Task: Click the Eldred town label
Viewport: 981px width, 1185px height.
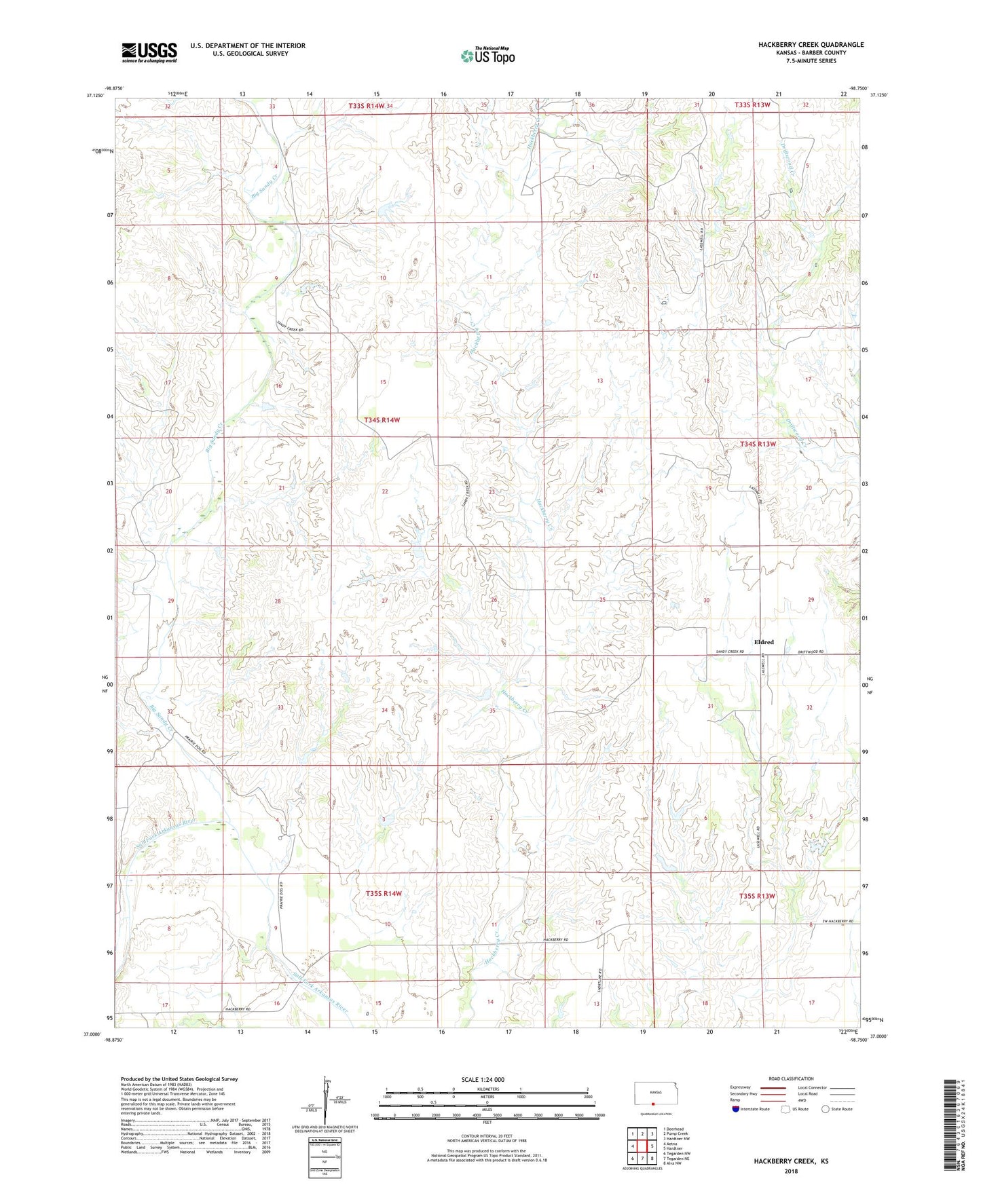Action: (x=764, y=642)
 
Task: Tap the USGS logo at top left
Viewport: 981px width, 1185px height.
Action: (x=149, y=52)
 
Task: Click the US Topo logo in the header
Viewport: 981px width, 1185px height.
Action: (x=487, y=56)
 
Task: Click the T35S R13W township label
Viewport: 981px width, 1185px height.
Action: (x=757, y=896)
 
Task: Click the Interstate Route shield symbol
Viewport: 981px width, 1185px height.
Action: (x=737, y=1109)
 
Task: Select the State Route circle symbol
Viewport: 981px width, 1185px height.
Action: (x=825, y=1109)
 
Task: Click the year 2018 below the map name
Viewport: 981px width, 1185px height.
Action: (x=790, y=1171)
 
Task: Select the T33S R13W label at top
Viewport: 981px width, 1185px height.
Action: (x=752, y=105)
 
